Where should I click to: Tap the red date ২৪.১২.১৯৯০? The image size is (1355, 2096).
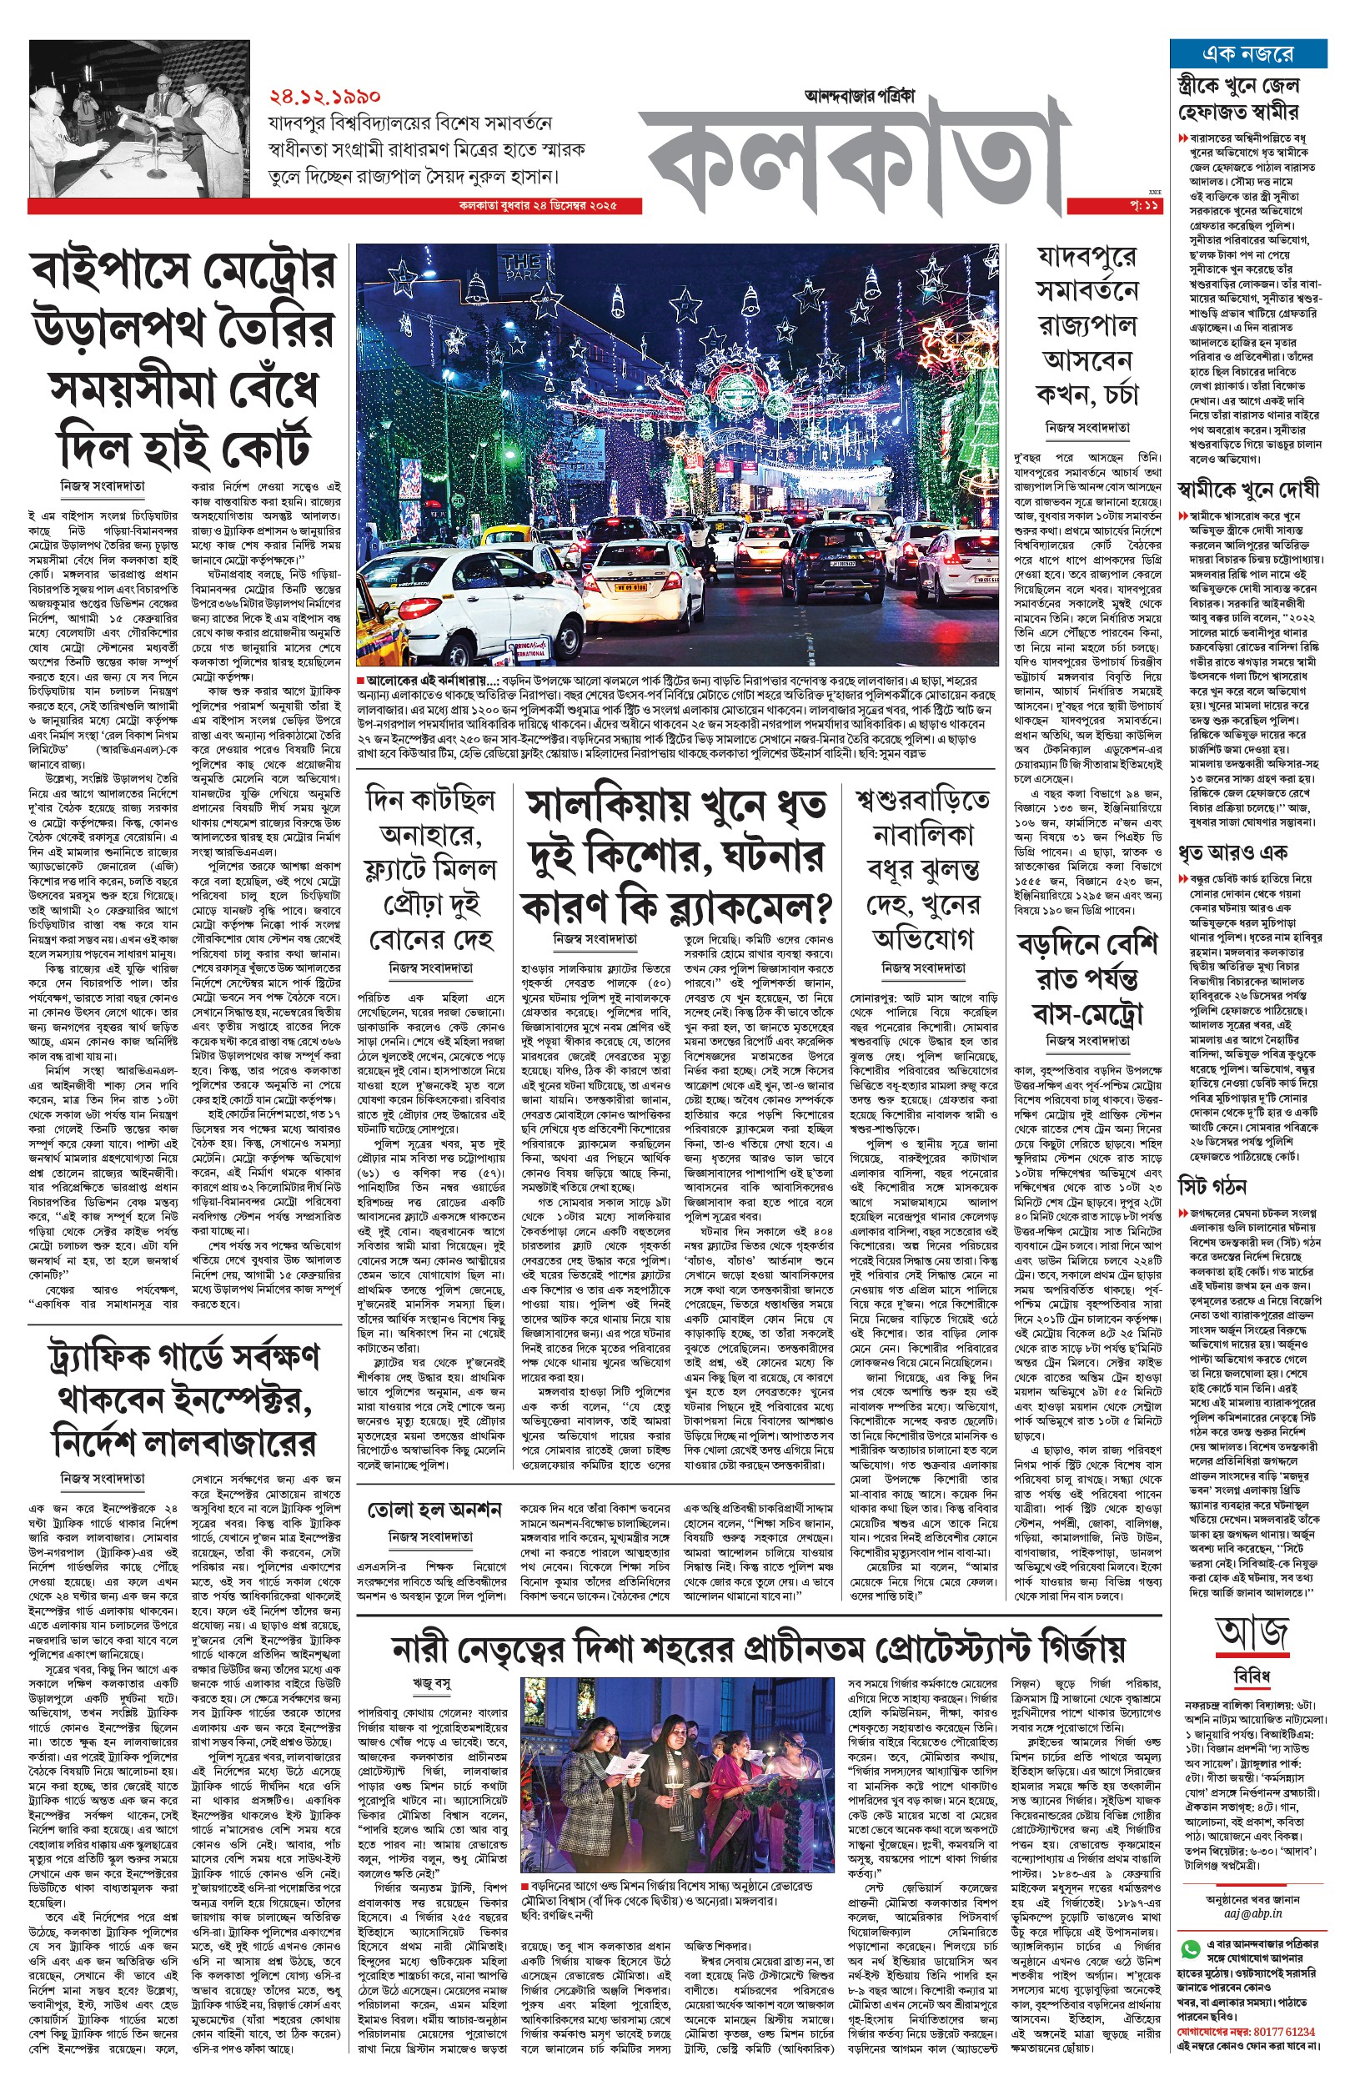tap(324, 95)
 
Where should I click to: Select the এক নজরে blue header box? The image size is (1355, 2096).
tap(1247, 53)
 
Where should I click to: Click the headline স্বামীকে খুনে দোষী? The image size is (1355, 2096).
tap(1248, 489)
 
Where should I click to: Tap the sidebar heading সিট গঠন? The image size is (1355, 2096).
tap(1212, 1185)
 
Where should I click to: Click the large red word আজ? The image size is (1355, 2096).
tap(1252, 1634)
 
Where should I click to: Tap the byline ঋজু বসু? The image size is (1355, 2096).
tap(431, 1682)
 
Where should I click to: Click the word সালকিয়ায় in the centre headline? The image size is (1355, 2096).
tap(599, 805)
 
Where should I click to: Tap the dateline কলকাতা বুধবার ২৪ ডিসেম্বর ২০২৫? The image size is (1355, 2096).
tap(538, 206)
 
